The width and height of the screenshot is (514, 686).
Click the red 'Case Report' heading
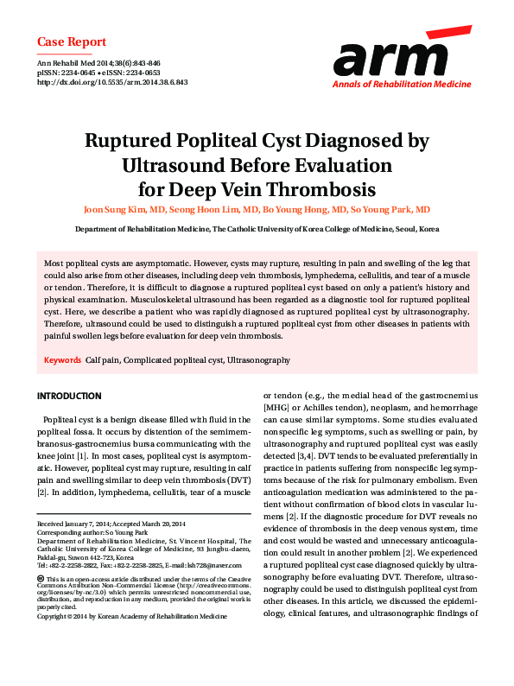(x=72, y=41)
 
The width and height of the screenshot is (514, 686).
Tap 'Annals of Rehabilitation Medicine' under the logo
(x=402, y=85)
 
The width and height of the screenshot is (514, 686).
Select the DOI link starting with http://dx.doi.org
(x=112, y=83)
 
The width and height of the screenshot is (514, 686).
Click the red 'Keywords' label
(x=63, y=359)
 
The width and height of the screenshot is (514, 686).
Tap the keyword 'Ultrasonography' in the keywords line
(x=258, y=359)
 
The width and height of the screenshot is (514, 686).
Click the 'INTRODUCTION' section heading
(x=68, y=396)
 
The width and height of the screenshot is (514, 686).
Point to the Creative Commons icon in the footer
(x=41, y=577)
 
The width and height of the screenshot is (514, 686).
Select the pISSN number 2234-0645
(x=81, y=73)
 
